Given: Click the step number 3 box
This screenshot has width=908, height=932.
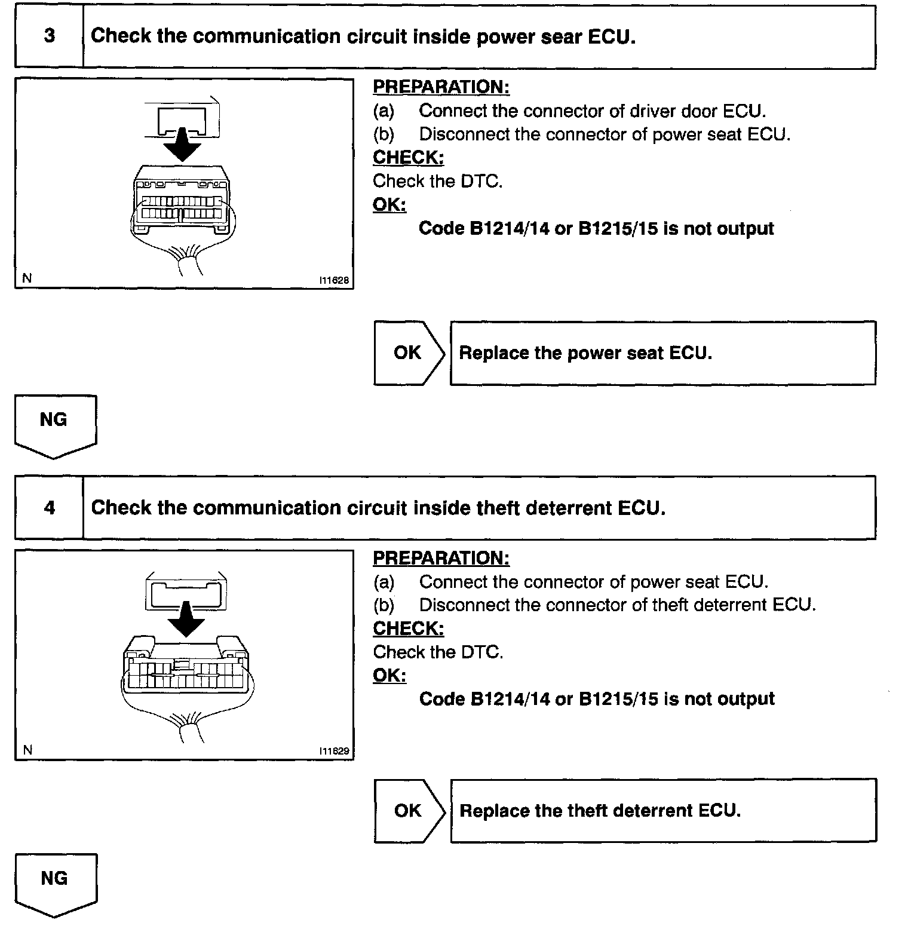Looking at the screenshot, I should pos(49,36).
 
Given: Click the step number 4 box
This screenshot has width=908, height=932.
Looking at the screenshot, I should pos(49,508).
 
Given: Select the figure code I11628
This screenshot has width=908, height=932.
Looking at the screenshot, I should pos(334,280).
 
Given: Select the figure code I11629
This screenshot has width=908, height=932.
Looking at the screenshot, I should pos(334,751).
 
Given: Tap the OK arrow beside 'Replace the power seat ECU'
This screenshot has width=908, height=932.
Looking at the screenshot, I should pos(409,353).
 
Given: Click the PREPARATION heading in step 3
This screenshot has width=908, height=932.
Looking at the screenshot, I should pos(441,87).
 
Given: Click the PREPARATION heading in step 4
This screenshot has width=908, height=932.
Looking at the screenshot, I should pos(441,559).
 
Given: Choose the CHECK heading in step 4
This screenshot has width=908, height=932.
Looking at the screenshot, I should pos(408,629).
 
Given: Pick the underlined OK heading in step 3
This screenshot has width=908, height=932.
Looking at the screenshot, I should pos(389,205).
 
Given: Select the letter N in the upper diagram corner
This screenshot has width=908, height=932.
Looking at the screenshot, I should pos(27,278).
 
